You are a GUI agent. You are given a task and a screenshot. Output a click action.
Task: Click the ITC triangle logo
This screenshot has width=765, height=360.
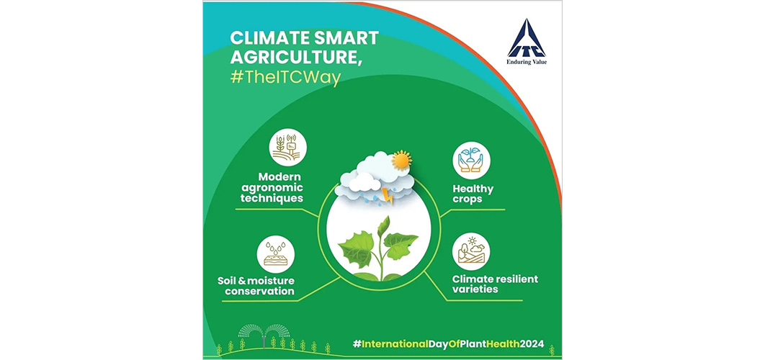tap(527, 38)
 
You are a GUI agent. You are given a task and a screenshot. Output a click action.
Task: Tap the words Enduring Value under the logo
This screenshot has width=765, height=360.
tap(527, 62)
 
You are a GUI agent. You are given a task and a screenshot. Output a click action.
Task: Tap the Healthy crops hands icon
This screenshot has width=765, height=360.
tap(471, 161)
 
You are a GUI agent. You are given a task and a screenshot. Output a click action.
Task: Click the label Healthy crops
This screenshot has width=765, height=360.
tap(473, 194)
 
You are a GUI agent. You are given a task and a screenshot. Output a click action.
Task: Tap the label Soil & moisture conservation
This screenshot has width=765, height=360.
tap(256, 286)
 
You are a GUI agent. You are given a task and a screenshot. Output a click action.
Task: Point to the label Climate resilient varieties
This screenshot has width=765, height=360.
tap(495, 284)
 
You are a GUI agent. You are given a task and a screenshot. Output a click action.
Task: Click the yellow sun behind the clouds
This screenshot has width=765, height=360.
tap(401, 160)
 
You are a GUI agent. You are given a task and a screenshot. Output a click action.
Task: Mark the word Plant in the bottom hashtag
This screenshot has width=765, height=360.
tap(465, 343)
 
